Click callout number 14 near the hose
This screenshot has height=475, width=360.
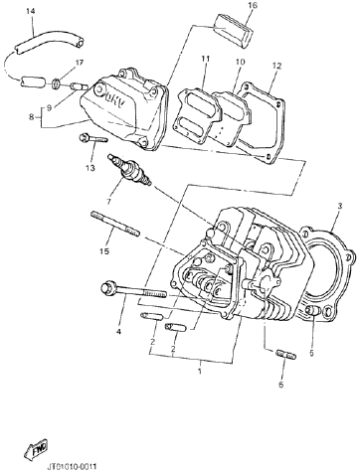pyautogui.click(x=29, y=11)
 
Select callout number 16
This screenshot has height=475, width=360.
pyautogui.click(x=253, y=6)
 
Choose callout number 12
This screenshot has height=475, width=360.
pyautogui.click(x=275, y=65)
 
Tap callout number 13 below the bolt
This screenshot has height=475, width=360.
pyautogui.click(x=91, y=168)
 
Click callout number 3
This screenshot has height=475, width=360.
pyautogui.click(x=339, y=206)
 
